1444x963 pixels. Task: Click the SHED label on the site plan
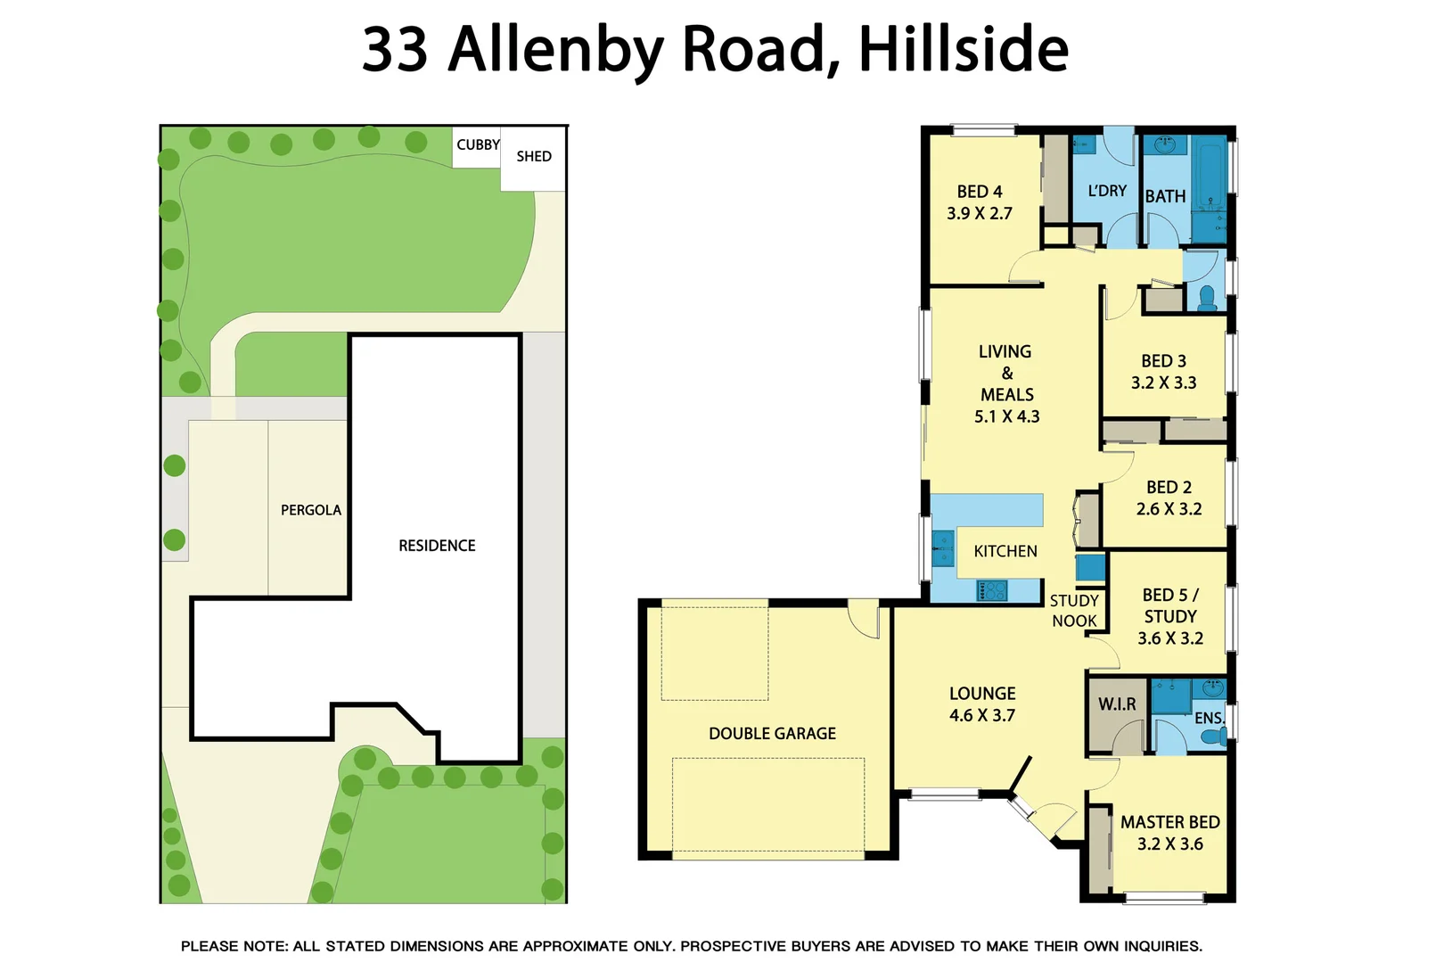534,157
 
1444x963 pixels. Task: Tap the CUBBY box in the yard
478,145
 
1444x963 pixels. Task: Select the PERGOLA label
311,510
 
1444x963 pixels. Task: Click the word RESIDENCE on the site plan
437,546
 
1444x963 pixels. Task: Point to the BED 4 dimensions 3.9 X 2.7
980,214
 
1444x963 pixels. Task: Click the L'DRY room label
1107,191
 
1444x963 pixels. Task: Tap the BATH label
1165,196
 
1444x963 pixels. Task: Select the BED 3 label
1163,361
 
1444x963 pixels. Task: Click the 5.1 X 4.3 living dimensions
1006,416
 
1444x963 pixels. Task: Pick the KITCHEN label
1005,552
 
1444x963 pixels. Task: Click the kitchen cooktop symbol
992,590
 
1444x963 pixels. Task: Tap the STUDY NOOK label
1074,611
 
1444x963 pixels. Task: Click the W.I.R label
1117,704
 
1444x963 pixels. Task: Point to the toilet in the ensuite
1213,737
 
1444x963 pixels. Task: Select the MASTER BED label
1169,822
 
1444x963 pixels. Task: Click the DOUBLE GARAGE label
772,734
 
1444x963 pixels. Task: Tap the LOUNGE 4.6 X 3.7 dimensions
981,716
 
